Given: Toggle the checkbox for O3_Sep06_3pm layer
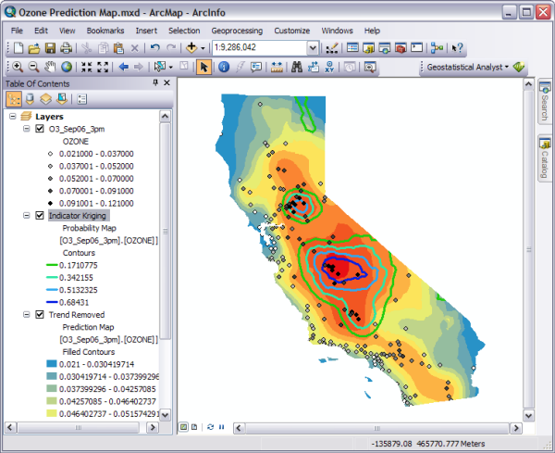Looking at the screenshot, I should click(39, 130).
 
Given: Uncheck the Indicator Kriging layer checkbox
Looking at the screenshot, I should click(39, 216).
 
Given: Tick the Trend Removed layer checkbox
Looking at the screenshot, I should click(39, 315).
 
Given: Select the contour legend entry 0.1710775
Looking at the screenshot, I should click(87, 265).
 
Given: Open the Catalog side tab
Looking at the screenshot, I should click(544, 157).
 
